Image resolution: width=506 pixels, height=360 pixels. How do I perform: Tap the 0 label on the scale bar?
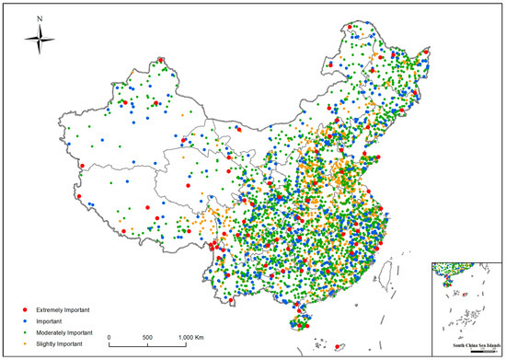[109, 337]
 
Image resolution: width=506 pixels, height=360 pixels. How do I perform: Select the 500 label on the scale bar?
[147, 337]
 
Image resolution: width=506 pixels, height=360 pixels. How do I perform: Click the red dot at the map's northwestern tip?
[162, 60]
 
